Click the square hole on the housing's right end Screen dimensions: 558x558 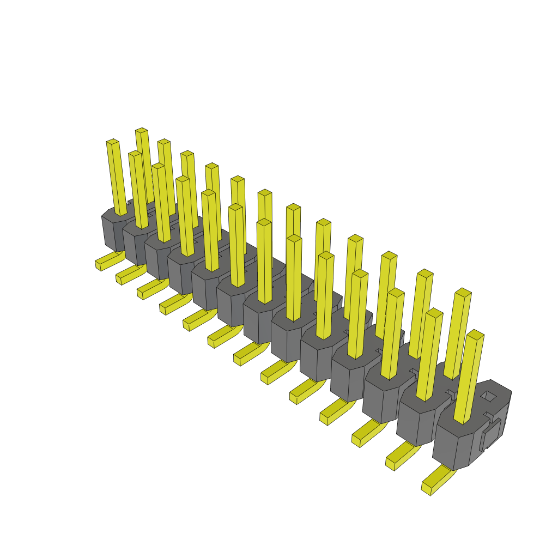click(x=489, y=396)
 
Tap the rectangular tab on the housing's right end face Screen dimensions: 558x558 click(x=492, y=434)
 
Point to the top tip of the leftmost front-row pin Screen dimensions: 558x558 click(x=112, y=142)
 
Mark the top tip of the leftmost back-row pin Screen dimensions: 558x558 click(x=141, y=130)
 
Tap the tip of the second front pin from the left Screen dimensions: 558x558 click(x=135, y=154)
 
